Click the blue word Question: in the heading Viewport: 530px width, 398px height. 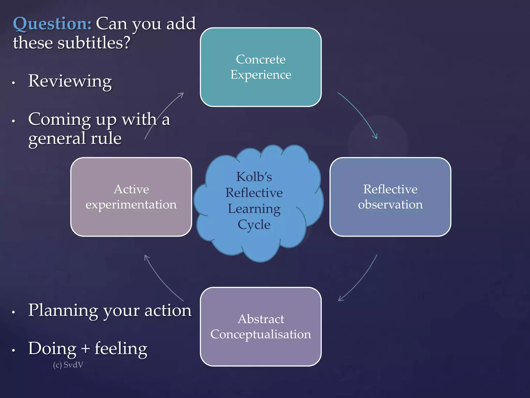coord(52,24)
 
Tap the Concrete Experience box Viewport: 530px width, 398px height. coord(261,67)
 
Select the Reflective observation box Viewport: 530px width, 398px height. coord(390,197)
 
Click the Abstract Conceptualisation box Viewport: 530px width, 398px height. coord(261,326)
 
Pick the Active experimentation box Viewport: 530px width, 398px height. coord(131,197)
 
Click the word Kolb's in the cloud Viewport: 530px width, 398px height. coord(254,177)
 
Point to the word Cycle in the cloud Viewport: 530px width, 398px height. coord(254,224)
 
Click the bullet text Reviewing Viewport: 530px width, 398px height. coord(70,81)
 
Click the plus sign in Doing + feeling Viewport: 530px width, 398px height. coord(85,349)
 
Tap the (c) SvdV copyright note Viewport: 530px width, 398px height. coord(68,365)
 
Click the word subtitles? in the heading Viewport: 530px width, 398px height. coord(94,43)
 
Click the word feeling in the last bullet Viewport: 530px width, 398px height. coord(121,349)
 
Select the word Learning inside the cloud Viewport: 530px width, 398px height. coord(254,209)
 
